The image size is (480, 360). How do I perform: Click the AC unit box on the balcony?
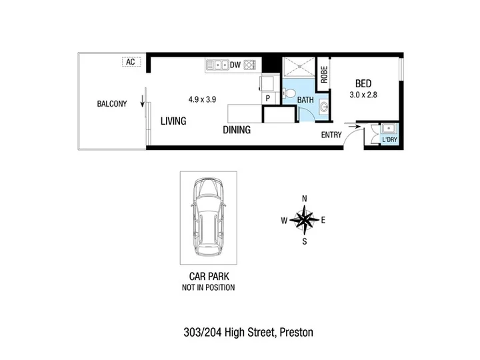pos(131,62)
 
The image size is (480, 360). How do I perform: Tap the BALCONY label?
pos(112,104)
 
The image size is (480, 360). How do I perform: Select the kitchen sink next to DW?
pos(217,65)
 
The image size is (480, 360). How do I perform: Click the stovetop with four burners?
pos(250,65)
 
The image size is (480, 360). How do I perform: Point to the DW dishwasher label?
pos(235,65)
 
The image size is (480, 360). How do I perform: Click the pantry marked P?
pos(268,98)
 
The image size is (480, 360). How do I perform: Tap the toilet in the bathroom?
pos(289,93)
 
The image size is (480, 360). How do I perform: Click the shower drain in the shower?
pos(299,65)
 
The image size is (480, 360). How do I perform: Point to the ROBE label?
pos(324,75)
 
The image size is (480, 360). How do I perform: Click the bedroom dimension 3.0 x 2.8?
pos(363,95)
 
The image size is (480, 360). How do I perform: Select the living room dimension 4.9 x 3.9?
pos(203,99)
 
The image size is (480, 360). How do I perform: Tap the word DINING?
pos(237,130)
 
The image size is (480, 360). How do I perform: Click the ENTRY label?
pos(331,135)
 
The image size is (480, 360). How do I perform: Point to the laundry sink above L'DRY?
pos(389,128)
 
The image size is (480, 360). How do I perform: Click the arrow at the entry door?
pos(353,127)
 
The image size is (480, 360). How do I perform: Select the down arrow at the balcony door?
pos(143,101)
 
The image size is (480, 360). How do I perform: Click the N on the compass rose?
pos(304,199)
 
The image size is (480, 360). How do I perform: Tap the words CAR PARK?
pos(209,277)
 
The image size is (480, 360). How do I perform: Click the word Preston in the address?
pos(296,332)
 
